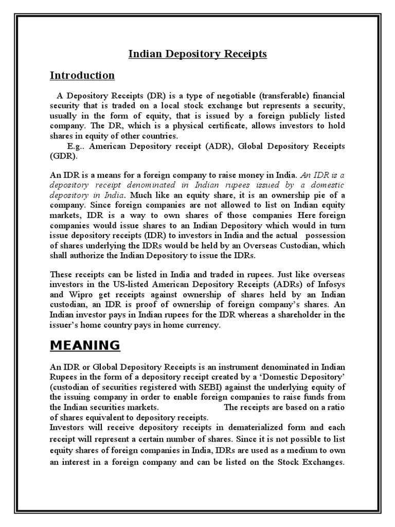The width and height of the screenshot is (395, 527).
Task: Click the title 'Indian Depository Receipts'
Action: pyautogui.click(x=197, y=54)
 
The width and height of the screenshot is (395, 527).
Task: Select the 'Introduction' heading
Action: pyautogui.click(x=82, y=76)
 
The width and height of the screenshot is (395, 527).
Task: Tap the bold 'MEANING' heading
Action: pyautogui.click(x=85, y=345)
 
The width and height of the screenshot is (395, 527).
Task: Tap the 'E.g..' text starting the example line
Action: pyautogui.click(x=77, y=146)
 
